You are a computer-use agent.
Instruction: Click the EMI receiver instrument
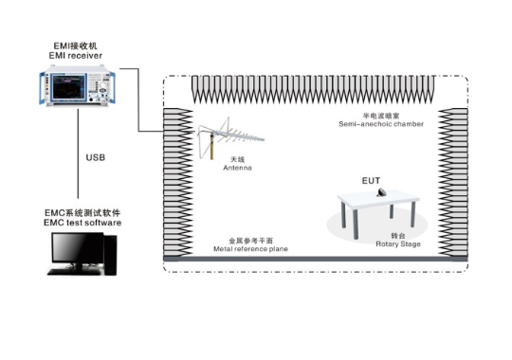(x=77, y=86)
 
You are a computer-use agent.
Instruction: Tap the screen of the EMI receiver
(x=68, y=87)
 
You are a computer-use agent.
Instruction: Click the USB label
(x=96, y=157)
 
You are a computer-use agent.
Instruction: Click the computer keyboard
(x=74, y=272)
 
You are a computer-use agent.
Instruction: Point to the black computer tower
(x=110, y=255)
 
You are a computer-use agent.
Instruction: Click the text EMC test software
(x=82, y=223)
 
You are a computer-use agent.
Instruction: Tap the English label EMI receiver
(x=76, y=56)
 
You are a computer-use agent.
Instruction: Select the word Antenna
(x=237, y=168)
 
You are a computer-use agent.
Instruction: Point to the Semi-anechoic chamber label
(x=381, y=124)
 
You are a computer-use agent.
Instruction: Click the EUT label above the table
(x=371, y=181)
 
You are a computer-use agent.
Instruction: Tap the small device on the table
(x=381, y=192)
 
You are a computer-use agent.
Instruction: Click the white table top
(x=378, y=199)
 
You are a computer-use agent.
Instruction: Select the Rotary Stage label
(x=398, y=244)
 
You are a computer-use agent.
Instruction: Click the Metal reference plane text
(x=250, y=249)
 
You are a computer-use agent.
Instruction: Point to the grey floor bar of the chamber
(x=316, y=259)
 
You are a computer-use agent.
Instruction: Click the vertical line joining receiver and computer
(x=78, y=153)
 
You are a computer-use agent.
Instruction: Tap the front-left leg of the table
(x=356, y=225)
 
